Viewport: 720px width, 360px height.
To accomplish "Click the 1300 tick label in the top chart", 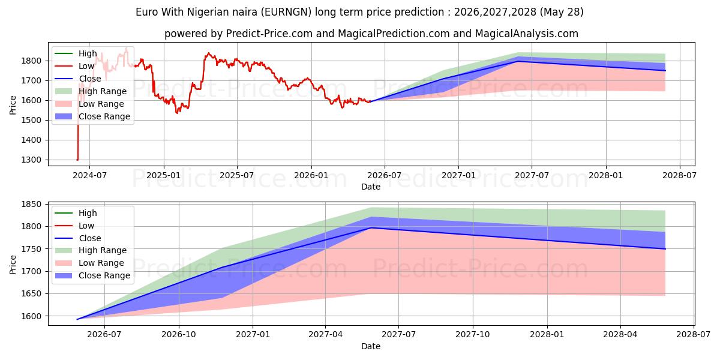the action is [31, 160].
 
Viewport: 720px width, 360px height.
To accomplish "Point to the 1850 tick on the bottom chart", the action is [31, 205].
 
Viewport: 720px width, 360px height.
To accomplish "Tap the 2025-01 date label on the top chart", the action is [164, 175].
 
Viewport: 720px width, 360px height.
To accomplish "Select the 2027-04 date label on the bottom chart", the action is [325, 335].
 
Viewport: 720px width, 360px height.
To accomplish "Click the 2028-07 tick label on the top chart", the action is [679, 175].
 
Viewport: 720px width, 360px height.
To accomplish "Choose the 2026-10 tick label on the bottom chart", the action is [179, 335].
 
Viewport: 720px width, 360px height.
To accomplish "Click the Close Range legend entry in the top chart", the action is [92, 116].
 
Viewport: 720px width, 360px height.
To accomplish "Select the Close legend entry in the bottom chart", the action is [78, 238].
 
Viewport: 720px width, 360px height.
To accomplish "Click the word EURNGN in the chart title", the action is [286, 12].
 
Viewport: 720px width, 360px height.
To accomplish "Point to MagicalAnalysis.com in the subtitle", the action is [527, 34].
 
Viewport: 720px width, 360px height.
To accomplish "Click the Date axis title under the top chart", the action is [371, 187].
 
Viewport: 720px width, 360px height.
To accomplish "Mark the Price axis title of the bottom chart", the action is [13, 265].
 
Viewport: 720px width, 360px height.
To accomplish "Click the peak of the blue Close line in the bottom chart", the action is [371, 228].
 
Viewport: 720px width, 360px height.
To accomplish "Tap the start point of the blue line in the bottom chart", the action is [77, 319].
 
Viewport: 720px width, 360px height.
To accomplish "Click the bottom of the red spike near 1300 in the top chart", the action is [77, 160].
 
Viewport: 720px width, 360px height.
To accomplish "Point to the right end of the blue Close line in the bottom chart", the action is [665, 249].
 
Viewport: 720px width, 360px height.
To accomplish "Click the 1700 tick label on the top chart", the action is [31, 80].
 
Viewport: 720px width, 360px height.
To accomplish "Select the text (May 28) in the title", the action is [562, 12].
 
